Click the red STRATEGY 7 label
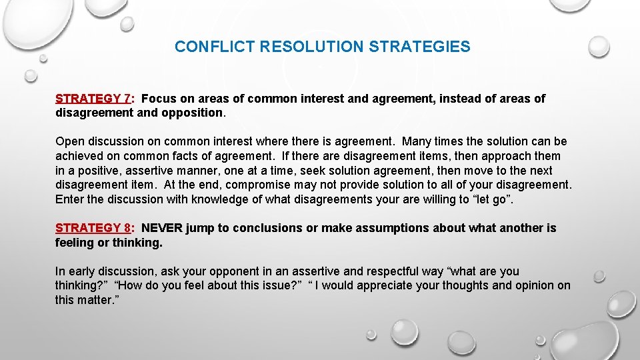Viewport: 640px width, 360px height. (93, 99)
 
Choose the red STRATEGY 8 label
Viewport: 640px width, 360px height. (93, 228)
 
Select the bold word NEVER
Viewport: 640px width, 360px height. (161, 228)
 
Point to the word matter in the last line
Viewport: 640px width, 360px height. (95, 300)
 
